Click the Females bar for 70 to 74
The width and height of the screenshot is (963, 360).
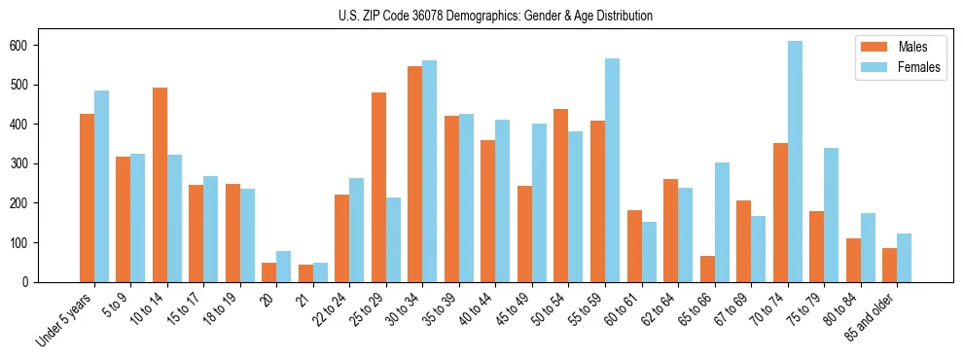click(795, 162)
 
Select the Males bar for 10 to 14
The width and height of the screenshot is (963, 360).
click(160, 185)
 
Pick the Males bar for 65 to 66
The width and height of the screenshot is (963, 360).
click(707, 269)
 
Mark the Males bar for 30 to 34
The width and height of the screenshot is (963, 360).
click(415, 174)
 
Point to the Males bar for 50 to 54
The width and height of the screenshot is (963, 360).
click(561, 196)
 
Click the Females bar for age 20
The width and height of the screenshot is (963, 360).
click(283, 267)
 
